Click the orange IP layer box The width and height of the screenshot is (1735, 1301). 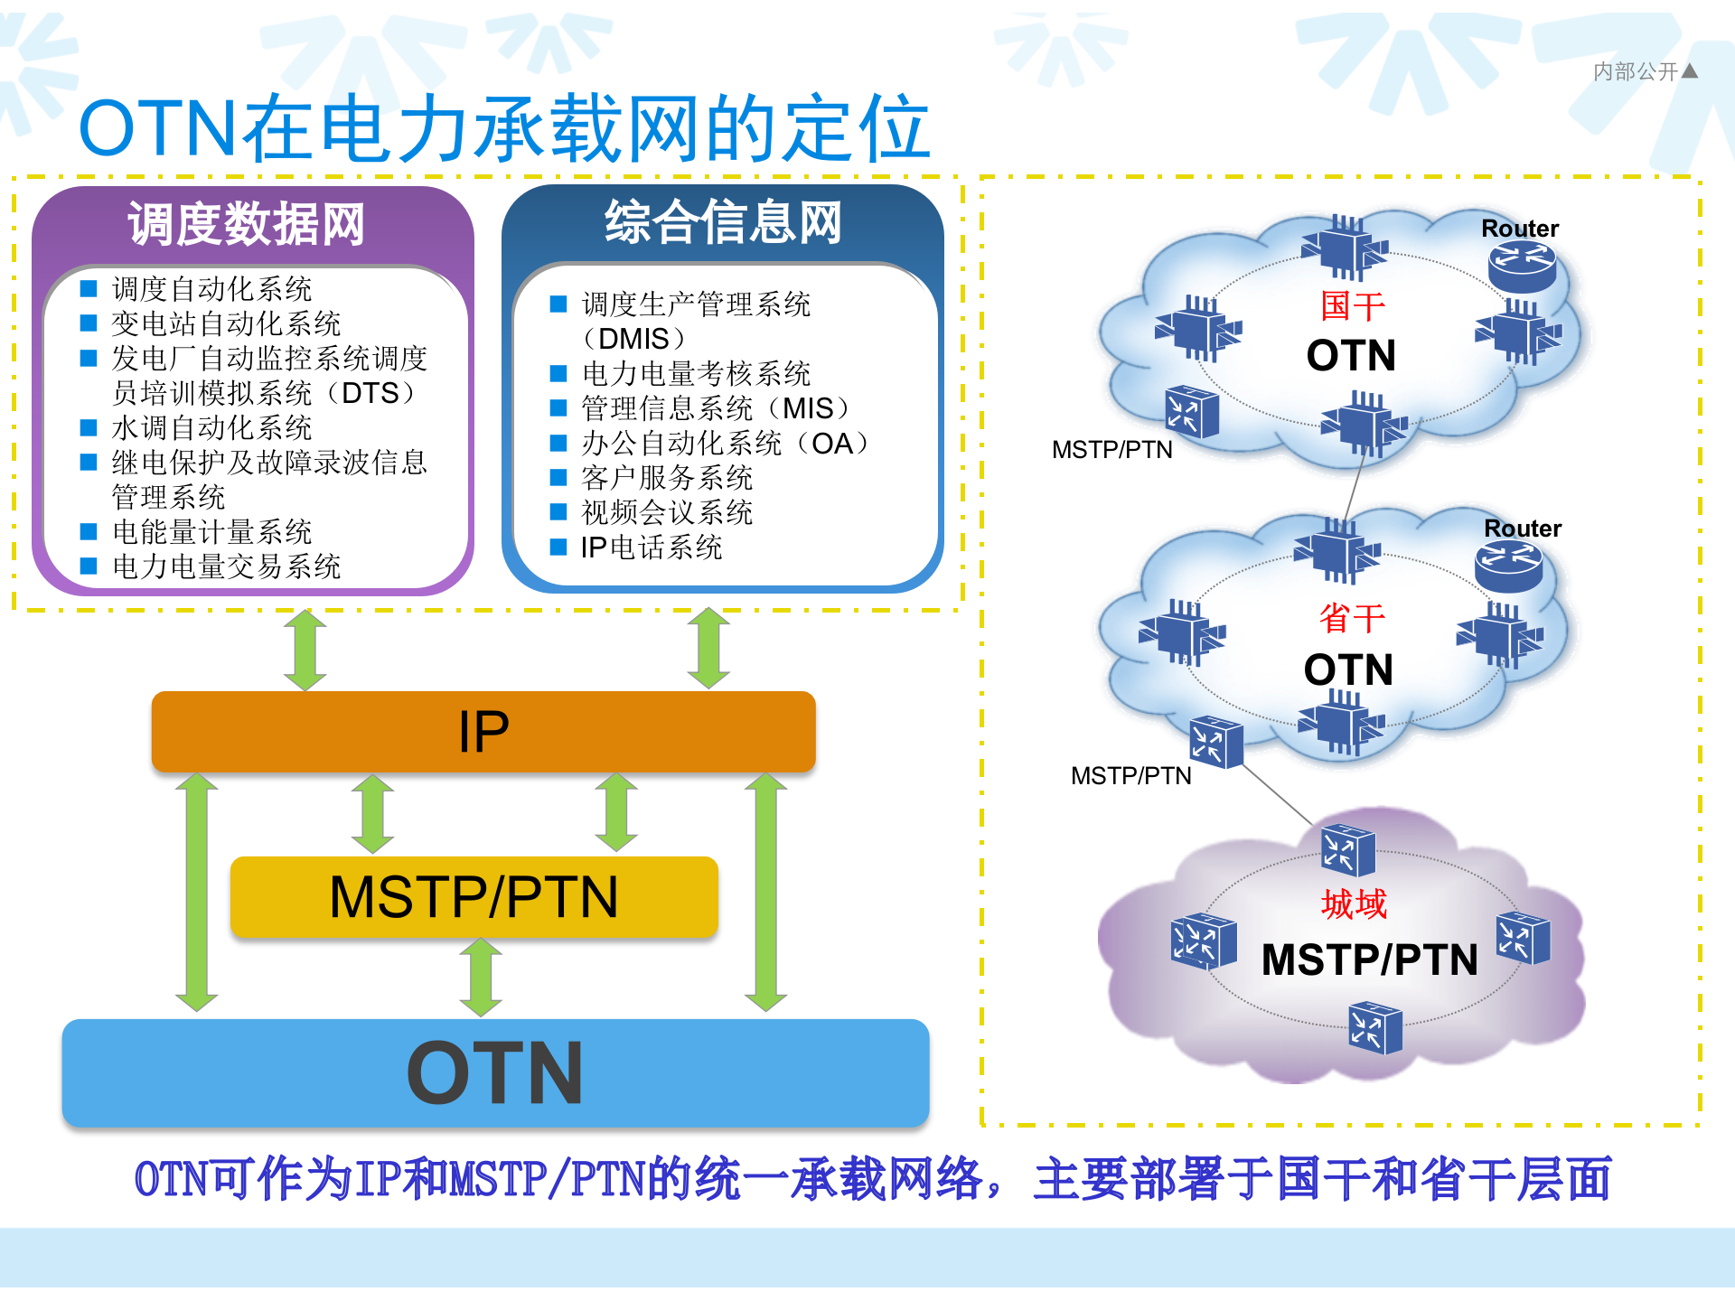[483, 732]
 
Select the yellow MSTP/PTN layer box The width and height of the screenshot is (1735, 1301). [474, 897]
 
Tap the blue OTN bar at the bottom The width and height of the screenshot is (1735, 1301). [495, 1072]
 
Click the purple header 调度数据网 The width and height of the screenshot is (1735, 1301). [247, 224]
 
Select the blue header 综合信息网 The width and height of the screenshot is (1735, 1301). [723, 222]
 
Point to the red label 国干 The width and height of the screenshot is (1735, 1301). [1352, 306]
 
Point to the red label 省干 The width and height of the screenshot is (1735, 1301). [1352, 619]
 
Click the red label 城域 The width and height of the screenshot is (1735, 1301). [1354, 904]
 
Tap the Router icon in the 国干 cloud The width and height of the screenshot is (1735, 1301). [1522, 267]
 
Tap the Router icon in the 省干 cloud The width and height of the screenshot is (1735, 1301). [1508, 567]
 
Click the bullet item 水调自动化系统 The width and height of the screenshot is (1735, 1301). [211, 427]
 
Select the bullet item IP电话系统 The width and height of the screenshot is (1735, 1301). [651, 548]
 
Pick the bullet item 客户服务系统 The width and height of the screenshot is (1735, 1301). [667, 478]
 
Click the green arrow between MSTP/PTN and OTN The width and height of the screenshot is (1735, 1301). [481, 978]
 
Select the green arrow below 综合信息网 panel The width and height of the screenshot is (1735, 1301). [708, 648]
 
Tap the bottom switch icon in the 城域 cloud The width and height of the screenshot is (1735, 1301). [1374, 1028]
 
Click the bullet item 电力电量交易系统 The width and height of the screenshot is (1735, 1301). [226, 566]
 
